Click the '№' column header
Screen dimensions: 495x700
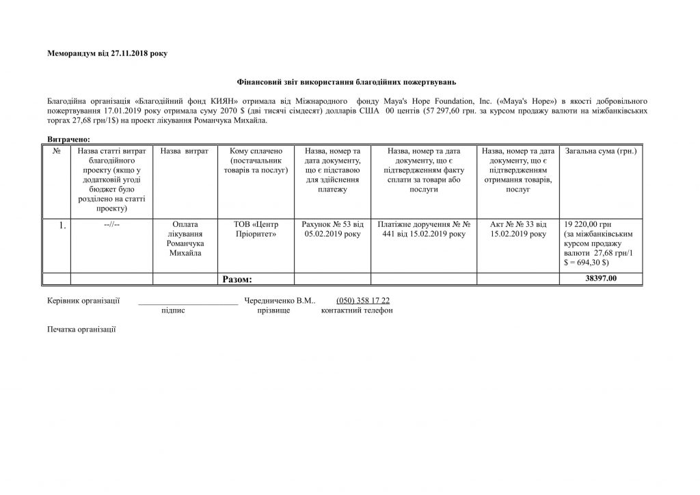point(57,150)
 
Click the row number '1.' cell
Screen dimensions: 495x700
point(62,226)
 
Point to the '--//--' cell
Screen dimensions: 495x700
point(111,224)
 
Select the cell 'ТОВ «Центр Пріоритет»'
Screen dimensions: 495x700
point(256,229)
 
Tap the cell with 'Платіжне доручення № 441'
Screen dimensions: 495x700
point(423,229)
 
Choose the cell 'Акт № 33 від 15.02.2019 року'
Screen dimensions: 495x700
point(518,229)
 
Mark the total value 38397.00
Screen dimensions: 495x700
point(601,279)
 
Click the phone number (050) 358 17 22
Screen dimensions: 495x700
point(363,301)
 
